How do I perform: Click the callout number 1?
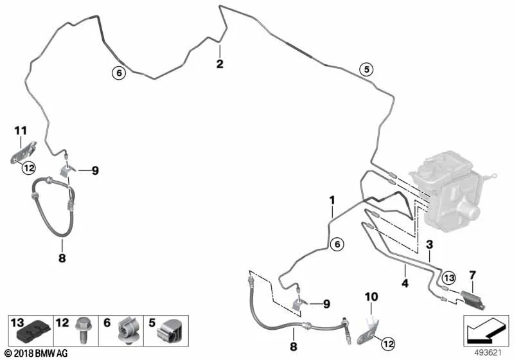pyautogui.click(x=333, y=200)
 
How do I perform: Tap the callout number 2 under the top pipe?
pyautogui.click(x=220, y=64)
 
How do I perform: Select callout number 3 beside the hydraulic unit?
pyautogui.click(x=430, y=244)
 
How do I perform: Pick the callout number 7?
pyautogui.click(x=474, y=275)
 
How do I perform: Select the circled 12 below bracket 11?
pyautogui.click(x=28, y=168)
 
